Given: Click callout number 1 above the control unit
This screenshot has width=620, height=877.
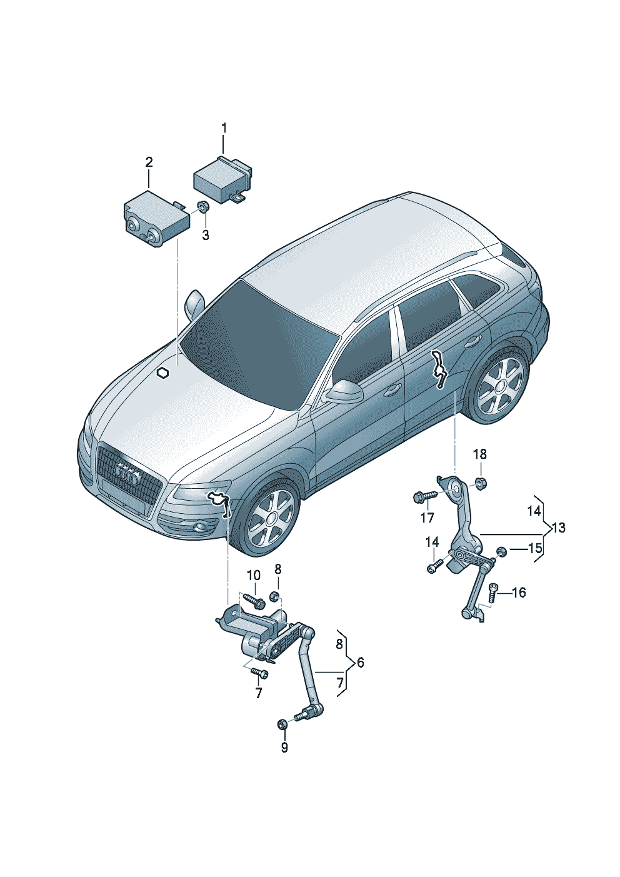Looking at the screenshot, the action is coord(224,128).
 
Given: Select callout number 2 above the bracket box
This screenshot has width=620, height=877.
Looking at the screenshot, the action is coord(149,163).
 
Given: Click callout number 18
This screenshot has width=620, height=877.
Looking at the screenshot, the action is coord(480,454).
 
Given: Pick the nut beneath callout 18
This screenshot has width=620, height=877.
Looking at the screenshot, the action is coord(480,482).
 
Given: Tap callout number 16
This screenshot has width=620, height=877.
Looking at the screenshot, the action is coord(519,593).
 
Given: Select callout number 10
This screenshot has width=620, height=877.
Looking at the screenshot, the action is coord(254,576).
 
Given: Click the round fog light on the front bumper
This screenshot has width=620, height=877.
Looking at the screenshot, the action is coord(202,527).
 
